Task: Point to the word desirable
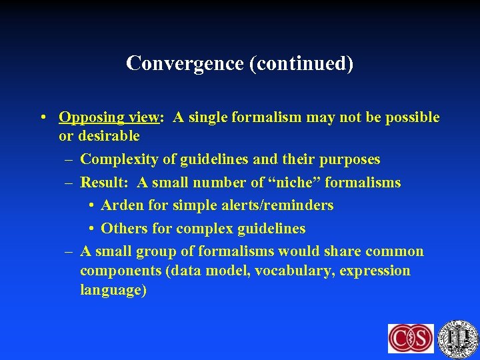(x=108, y=137)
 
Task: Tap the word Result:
(x=103, y=183)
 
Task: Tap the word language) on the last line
(x=113, y=291)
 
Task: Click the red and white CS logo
(x=411, y=338)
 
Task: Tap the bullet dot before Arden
(x=93, y=205)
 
